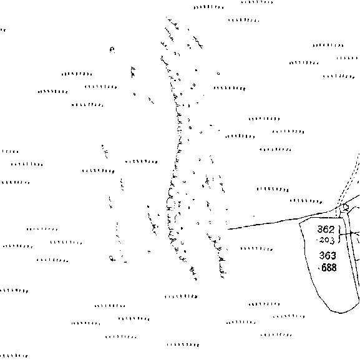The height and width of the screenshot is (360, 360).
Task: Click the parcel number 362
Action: (x=326, y=229)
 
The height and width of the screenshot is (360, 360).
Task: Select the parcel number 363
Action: (x=328, y=255)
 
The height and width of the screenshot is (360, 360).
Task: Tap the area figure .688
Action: (x=328, y=268)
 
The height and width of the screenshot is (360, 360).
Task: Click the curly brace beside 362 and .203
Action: (x=340, y=234)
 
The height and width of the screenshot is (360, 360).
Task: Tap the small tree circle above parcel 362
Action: (x=345, y=208)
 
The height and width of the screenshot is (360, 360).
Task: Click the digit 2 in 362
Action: (x=331, y=229)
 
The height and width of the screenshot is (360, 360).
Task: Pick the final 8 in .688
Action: (x=334, y=268)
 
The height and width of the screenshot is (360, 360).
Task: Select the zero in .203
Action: (x=326, y=240)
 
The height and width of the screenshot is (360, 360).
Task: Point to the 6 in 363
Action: (x=328, y=255)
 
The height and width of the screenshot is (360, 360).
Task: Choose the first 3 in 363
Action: (x=322, y=255)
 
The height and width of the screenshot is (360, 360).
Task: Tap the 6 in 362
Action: (x=326, y=229)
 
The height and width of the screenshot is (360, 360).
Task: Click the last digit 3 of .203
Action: (x=331, y=241)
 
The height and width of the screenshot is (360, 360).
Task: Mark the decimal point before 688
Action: (x=319, y=268)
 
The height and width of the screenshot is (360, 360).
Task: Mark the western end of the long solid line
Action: (x=228, y=229)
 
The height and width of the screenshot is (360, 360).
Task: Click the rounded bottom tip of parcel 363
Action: (x=341, y=313)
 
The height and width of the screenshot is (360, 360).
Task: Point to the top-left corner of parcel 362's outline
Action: (x=299, y=223)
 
